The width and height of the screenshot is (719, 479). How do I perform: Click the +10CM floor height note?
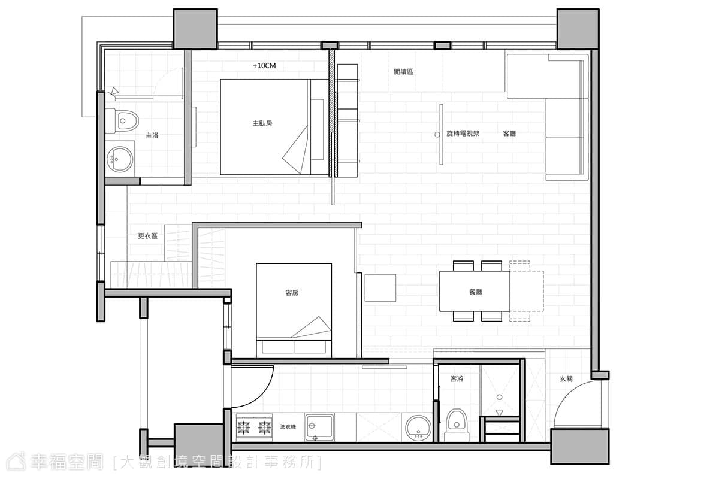click(x=264, y=66)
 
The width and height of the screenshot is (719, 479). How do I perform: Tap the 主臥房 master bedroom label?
click(x=262, y=123)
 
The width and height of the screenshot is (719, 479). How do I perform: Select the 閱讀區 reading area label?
click(x=403, y=72)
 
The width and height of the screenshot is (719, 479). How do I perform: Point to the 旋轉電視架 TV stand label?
click(x=463, y=134)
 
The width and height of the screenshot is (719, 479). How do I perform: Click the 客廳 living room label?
click(x=509, y=134)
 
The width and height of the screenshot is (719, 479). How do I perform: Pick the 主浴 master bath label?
click(x=152, y=136)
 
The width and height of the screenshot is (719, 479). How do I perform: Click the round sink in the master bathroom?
click(x=119, y=159)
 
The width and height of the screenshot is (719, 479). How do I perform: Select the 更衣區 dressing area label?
click(x=147, y=236)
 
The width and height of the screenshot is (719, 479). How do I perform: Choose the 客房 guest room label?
click(x=292, y=293)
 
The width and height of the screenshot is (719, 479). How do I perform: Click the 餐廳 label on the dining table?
click(x=475, y=292)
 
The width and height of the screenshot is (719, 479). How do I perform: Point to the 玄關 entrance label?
click(x=566, y=379)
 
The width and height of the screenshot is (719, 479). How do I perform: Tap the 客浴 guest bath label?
click(x=457, y=379)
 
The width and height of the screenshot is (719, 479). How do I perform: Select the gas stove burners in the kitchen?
click(x=254, y=428)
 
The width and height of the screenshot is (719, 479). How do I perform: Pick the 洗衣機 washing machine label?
click(x=288, y=427)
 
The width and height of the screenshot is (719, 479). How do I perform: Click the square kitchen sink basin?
click(x=319, y=427)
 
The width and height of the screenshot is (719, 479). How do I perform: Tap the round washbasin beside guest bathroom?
click(x=418, y=428)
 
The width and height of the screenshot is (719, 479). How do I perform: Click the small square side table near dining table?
click(x=380, y=288)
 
